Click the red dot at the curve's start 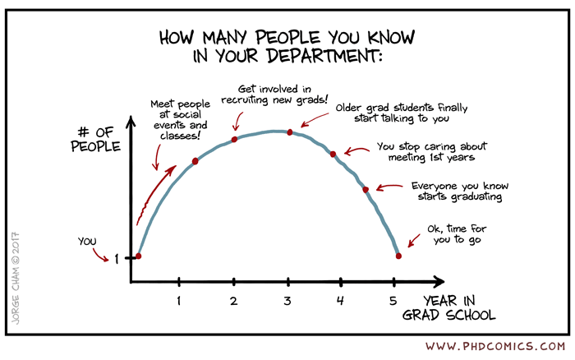pyautogui.click(x=138, y=256)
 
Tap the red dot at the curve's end pyautogui.click(x=398, y=256)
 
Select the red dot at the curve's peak pyautogui.click(x=289, y=132)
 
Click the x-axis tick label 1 pyautogui.click(x=178, y=301)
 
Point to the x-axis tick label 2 pyautogui.click(x=234, y=301)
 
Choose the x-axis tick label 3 pyautogui.click(x=287, y=301)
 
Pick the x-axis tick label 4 pyautogui.click(x=340, y=301)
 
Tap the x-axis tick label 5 pyautogui.click(x=393, y=301)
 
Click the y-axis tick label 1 pyautogui.click(x=117, y=258)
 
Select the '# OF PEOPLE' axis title pyautogui.click(x=95, y=140)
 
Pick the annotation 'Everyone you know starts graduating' pyautogui.click(x=456, y=192)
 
